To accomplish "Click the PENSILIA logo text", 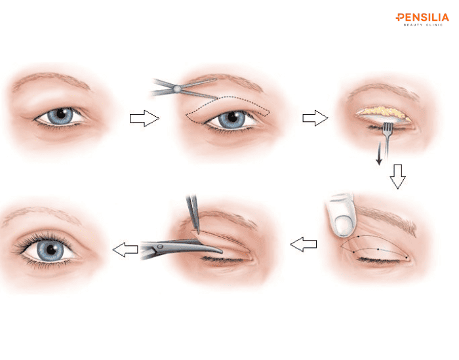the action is pos(422,18).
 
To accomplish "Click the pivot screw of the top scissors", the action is pos(176,87).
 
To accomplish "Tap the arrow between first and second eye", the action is pos(144,118).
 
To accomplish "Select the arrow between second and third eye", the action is pos(315,118).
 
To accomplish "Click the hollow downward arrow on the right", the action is pos(397,176).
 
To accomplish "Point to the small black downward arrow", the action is pos(379,153).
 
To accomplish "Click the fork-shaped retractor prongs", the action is pos(388,128).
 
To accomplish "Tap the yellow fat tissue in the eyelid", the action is pos(384,112).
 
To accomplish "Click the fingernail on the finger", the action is pos(344,225).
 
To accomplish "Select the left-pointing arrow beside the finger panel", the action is pos(303,244).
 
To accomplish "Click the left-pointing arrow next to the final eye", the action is pos(125,250).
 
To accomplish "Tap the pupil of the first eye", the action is pos(61,113).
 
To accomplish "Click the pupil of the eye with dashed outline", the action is pos(232,117).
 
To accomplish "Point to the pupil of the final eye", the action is pos(51,249).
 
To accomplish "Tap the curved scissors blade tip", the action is pos(222,251).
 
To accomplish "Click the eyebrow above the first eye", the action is pos(52,79).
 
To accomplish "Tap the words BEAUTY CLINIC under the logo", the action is pos(423,25).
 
